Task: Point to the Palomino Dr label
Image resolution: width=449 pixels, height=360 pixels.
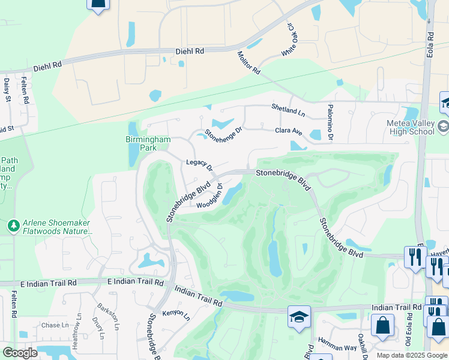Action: click(330, 122)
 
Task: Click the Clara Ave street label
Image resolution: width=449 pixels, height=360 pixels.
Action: click(288, 131)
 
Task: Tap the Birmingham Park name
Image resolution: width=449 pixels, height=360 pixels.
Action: click(148, 143)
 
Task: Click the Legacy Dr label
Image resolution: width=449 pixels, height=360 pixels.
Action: click(199, 164)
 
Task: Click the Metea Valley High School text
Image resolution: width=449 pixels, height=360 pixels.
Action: click(410, 128)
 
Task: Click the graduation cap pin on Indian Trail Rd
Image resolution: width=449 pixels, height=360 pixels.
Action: click(299, 316)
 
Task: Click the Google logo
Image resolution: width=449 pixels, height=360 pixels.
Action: click(20, 353)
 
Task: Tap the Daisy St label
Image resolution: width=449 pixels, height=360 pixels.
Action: click(7, 89)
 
